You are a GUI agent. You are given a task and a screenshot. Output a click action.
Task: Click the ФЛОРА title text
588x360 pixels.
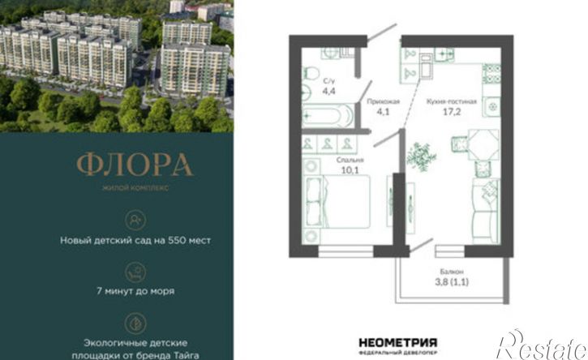coord(135,165)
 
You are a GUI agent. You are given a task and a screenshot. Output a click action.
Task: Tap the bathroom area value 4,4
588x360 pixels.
coord(328,91)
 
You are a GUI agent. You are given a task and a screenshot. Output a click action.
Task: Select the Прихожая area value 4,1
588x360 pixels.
coord(383,111)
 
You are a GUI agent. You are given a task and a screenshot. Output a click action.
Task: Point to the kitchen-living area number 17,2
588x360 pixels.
coord(451,111)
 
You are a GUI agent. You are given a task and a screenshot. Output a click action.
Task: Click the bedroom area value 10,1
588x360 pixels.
coord(350,170)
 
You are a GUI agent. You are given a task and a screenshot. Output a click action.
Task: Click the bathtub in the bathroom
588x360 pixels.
coord(328,115)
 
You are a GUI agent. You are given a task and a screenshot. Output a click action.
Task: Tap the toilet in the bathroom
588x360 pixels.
coord(310,73)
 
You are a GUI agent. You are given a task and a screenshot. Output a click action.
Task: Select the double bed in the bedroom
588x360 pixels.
coord(337,202)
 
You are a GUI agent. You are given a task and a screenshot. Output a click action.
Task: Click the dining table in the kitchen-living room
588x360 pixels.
coord(483,145)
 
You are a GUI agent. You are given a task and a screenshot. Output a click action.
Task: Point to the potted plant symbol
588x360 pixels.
coord(421,156)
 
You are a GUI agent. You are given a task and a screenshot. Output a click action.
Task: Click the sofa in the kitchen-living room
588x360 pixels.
coord(486,211)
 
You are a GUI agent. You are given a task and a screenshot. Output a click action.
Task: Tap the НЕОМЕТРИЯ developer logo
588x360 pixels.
coord(398,345)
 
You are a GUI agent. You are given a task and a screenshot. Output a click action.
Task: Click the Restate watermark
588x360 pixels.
coord(542,345)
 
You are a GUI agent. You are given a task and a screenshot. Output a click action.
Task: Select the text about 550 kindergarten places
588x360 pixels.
coord(135,240)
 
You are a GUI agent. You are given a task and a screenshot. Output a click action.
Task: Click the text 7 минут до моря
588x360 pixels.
coord(135,291)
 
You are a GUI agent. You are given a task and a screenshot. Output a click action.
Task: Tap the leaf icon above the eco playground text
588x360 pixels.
coord(135,324)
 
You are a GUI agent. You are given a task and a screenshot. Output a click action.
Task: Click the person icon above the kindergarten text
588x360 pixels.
coord(135,221)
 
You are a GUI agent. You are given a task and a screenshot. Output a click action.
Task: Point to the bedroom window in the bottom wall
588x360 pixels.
coord(346,251)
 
